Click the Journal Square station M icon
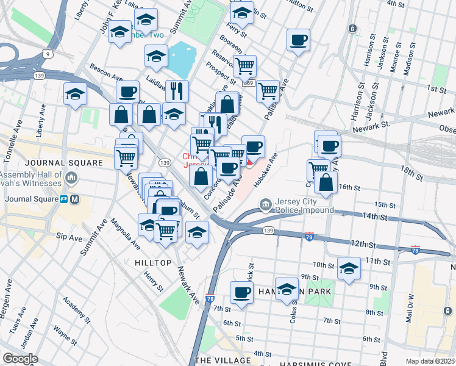(x=75, y=199)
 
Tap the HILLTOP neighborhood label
(x=149, y=262)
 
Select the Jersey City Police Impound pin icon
(x=265, y=204)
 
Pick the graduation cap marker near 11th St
(x=349, y=269)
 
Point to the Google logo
(x=20, y=359)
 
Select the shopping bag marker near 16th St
(x=326, y=183)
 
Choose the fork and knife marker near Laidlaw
(x=177, y=91)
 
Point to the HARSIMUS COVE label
(x=300, y=359)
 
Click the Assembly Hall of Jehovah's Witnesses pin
(x=72, y=178)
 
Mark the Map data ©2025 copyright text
(x=430, y=361)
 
